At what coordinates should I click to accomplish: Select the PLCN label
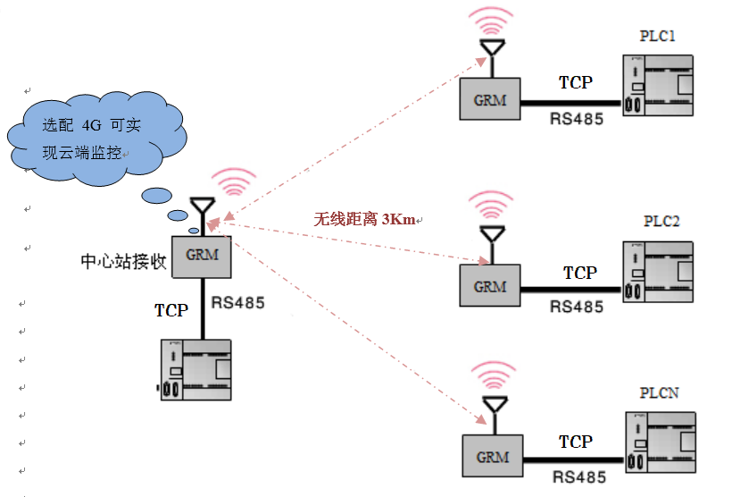pos(660,393)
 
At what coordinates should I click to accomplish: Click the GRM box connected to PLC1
pos(490,98)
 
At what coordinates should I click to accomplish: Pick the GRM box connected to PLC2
pos(489,286)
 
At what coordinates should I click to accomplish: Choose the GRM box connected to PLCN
pos(492,456)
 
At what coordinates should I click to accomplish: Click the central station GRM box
pos(202,256)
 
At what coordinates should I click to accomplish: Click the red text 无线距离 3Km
pos(364,219)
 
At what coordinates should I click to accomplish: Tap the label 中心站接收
pos(122,262)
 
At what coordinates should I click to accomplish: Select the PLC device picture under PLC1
pos(659,86)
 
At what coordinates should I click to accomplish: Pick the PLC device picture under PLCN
pos(661,441)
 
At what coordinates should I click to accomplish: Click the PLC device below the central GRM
pos(195,369)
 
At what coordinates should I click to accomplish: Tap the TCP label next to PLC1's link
pos(575,82)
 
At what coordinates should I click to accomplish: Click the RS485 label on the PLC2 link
pos(577,307)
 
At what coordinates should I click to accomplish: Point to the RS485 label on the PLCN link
pos(578,477)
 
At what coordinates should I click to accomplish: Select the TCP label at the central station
pos(171,310)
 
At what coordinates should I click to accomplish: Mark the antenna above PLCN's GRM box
pos(493,408)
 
